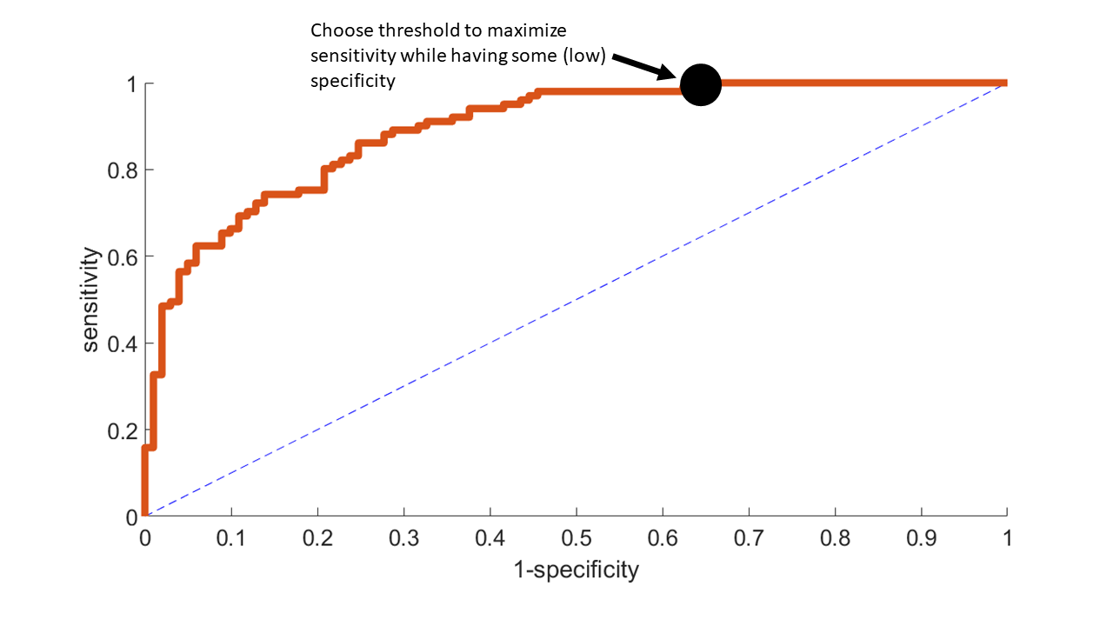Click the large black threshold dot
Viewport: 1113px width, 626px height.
(x=701, y=85)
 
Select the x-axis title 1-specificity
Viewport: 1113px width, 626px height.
(x=576, y=570)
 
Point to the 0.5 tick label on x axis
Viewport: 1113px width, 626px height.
(x=576, y=539)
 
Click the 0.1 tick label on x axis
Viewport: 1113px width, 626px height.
(x=231, y=539)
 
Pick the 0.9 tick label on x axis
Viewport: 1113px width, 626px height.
(x=921, y=539)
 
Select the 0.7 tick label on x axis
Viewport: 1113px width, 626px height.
(x=749, y=539)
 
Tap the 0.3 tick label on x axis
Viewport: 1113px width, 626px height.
(x=403, y=539)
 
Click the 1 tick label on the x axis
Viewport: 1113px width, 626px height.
(x=1007, y=539)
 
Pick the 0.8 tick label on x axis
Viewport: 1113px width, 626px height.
(x=835, y=539)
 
